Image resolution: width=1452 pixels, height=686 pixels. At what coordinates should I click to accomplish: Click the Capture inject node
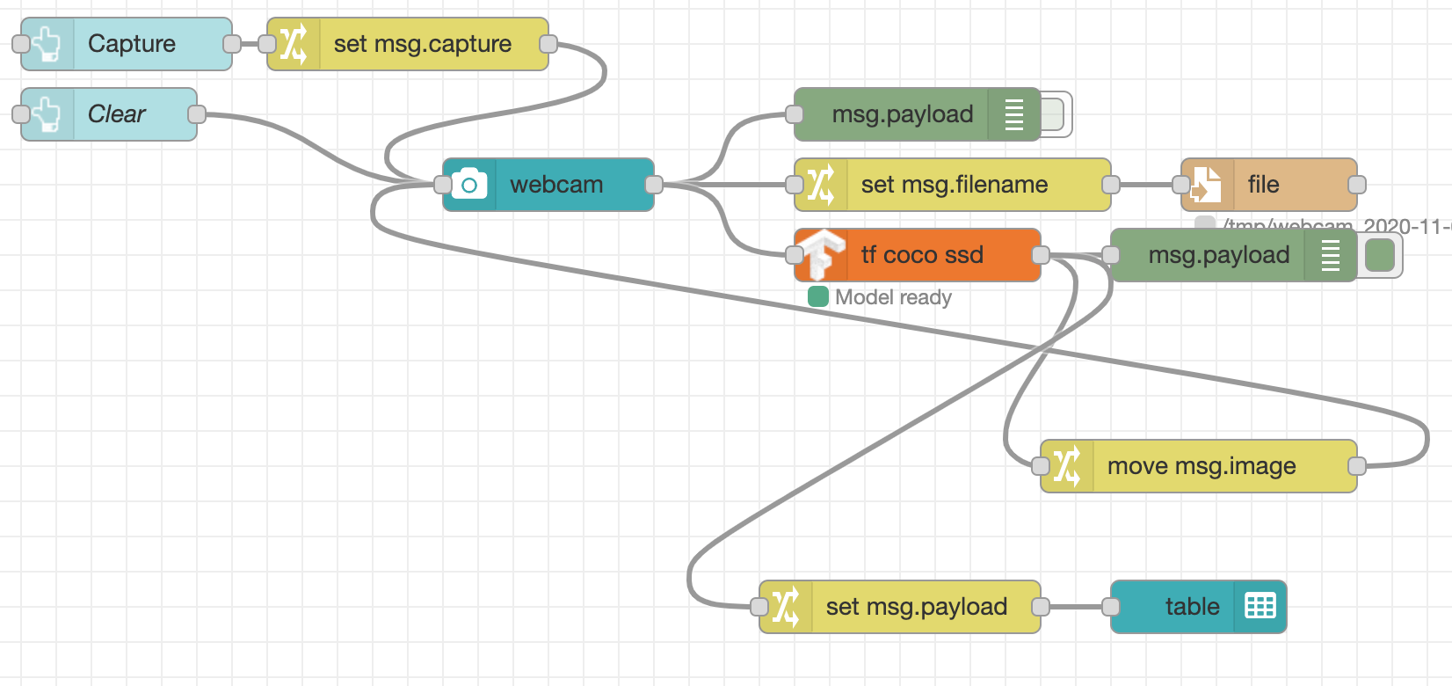(x=132, y=44)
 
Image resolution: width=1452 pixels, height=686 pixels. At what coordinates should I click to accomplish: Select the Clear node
(x=117, y=114)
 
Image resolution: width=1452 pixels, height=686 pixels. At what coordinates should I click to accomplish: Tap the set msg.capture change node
(x=422, y=44)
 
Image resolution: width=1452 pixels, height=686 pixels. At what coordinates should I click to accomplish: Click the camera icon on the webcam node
(x=469, y=185)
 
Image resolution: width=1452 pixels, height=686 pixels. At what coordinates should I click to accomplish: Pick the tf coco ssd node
(x=921, y=255)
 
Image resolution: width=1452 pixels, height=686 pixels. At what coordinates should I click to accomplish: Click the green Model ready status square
(x=818, y=297)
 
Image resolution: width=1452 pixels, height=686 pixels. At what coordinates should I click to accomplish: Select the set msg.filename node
(x=954, y=185)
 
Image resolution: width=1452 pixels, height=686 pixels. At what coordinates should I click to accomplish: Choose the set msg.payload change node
(x=916, y=607)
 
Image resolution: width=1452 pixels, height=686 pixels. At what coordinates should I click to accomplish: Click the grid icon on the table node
(x=1260, y=607)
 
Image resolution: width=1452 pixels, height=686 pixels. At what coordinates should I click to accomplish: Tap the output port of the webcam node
(x=654, y=185)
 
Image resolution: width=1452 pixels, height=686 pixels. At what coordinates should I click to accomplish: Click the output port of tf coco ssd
(x=1041, y=255)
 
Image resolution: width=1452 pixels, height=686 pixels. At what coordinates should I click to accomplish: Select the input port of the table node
(x=1111, y=607)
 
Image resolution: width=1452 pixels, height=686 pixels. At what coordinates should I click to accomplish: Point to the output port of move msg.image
(x=1357, y=466)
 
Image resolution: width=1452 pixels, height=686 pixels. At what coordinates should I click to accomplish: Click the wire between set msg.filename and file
(x=1146, y=185)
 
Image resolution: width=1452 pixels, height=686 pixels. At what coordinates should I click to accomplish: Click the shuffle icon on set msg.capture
(x=294, y=44)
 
